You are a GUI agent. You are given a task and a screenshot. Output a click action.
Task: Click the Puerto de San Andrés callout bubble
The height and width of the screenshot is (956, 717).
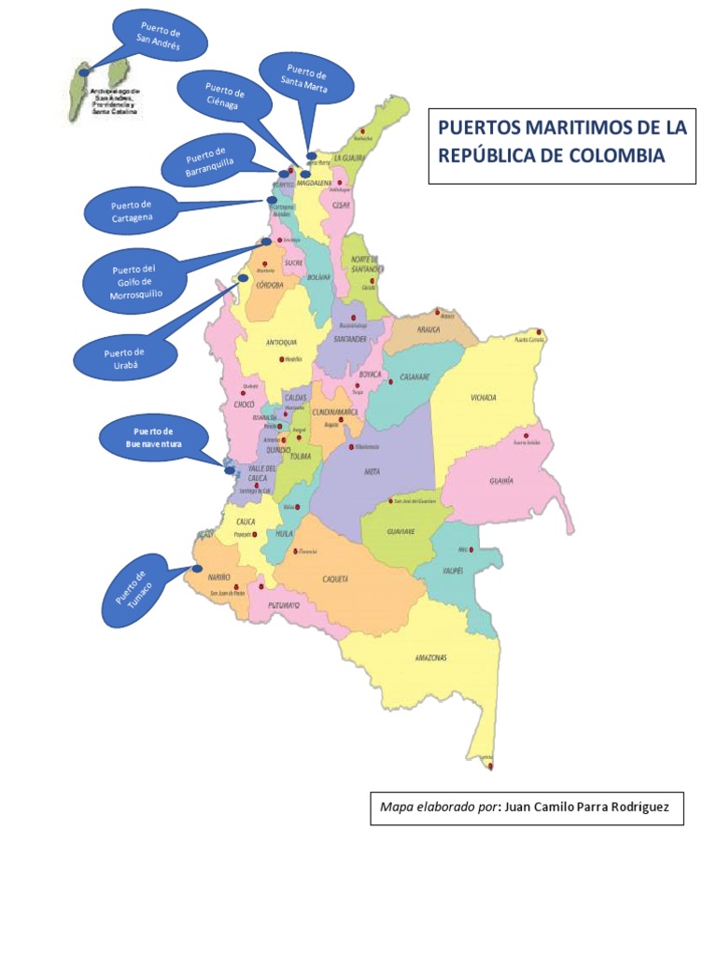158,37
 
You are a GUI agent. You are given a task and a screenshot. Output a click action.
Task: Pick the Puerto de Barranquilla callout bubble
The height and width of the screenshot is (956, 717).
207,160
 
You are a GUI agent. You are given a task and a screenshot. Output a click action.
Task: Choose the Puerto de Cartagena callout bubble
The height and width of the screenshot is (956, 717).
131,211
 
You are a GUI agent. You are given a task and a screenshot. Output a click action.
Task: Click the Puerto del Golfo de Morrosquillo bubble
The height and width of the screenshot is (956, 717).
134,278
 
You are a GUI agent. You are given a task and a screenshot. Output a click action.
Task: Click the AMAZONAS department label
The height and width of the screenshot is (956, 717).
430,657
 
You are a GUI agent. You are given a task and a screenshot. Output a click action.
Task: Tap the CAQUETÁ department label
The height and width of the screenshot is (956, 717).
335,579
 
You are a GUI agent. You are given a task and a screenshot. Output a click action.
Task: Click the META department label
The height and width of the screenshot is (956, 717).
373,471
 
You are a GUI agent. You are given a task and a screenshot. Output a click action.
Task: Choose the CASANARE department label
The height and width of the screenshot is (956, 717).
414,377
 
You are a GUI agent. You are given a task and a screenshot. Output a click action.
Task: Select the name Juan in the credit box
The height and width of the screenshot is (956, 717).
523,808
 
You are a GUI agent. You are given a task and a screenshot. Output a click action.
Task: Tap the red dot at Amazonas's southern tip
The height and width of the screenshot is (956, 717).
490,766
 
